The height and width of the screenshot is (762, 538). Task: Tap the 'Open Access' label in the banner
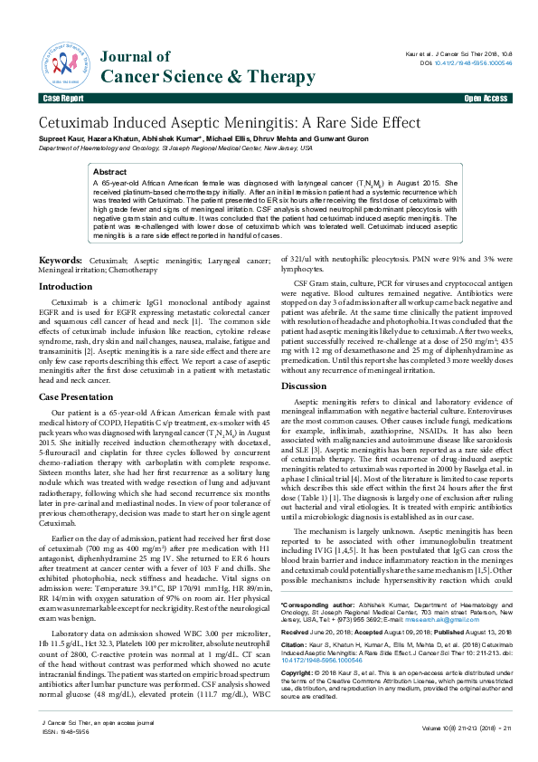point(486,98)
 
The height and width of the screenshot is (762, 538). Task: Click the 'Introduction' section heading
point(71,286)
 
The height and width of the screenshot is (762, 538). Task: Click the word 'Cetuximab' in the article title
point(78,123)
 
